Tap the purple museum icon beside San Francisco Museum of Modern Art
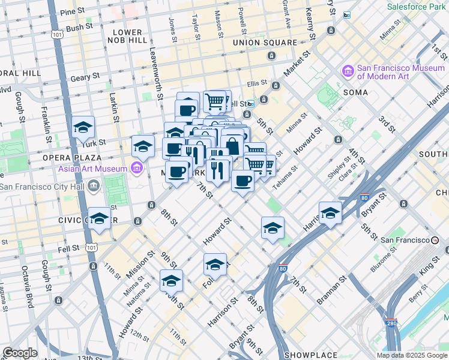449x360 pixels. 348,72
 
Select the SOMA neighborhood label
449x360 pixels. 355,92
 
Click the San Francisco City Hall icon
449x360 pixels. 93,186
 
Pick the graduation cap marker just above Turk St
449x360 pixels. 83,128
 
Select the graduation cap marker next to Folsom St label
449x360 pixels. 215,264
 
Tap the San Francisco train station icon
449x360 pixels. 435,240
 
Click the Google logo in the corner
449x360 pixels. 20,353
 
